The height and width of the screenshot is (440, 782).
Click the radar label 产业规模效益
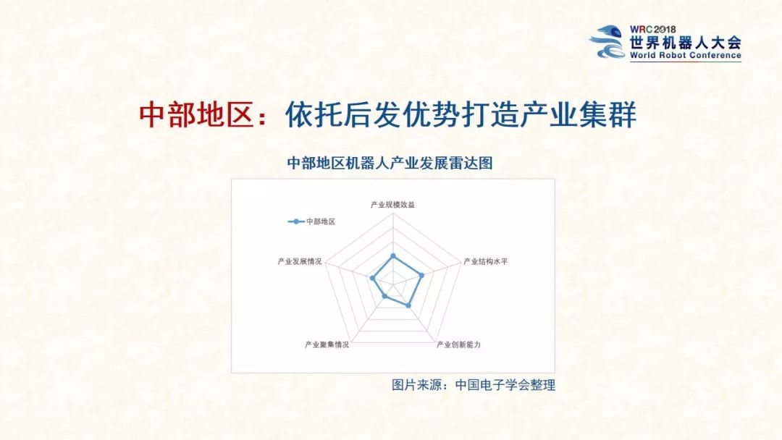point(392,205)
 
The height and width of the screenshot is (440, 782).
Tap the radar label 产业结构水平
point(485,261)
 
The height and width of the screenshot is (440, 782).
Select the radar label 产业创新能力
point(458,344)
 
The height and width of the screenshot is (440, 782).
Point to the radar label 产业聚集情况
point(327,344)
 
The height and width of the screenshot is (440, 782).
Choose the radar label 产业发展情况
point(299,261)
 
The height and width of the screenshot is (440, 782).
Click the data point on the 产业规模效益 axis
point(393,255)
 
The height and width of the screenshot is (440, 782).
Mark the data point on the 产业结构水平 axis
point(421,275)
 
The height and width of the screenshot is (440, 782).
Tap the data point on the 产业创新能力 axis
point(409,305)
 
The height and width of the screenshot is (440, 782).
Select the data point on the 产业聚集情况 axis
point(384,297)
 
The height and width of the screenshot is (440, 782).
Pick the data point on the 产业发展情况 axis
point(372,278)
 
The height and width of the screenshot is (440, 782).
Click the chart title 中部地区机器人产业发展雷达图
point(390,164)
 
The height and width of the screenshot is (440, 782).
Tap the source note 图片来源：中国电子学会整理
point(474,385)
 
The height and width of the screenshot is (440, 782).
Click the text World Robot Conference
point(685,55)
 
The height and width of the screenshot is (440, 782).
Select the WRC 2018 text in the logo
point(657,30)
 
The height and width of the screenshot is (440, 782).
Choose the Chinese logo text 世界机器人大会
point(686,42)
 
